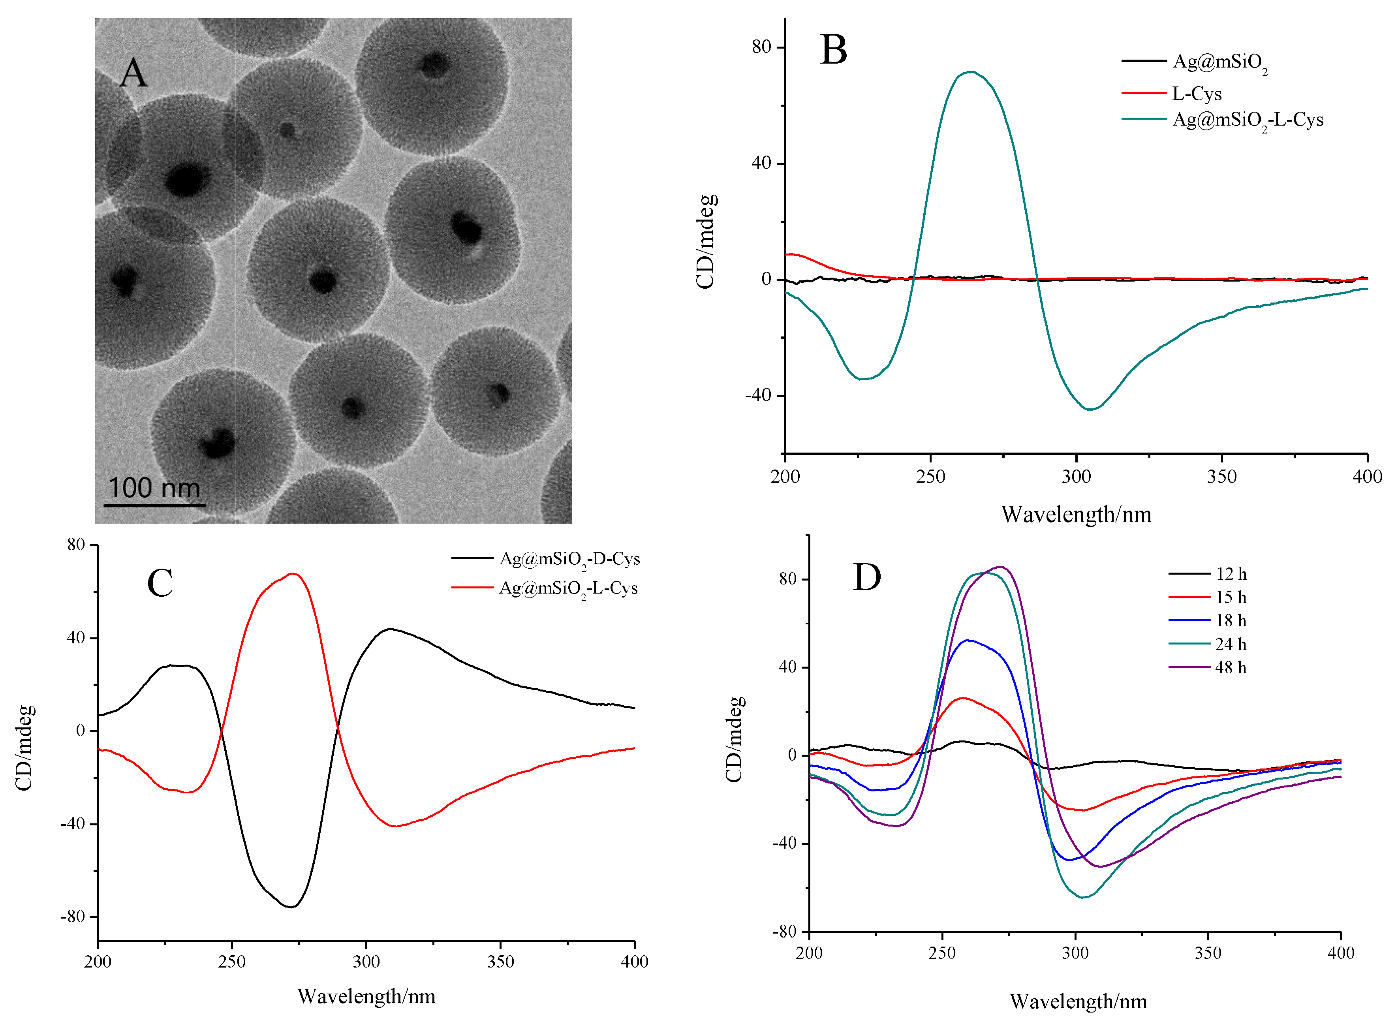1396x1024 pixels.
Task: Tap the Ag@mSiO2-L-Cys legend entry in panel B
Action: coord(1247,120)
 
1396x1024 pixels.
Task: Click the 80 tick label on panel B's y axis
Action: coord(761,47)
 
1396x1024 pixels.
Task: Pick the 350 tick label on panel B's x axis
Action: coord(1221,477)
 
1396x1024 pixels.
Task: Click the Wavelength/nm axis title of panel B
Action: coord(1076,515)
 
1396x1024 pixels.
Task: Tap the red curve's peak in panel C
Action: coord(293,573)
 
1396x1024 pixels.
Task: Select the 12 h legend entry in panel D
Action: coord(1231,574)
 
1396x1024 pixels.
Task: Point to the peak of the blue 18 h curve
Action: coord(967,640)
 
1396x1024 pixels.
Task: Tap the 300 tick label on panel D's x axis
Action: coord(1075,953)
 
